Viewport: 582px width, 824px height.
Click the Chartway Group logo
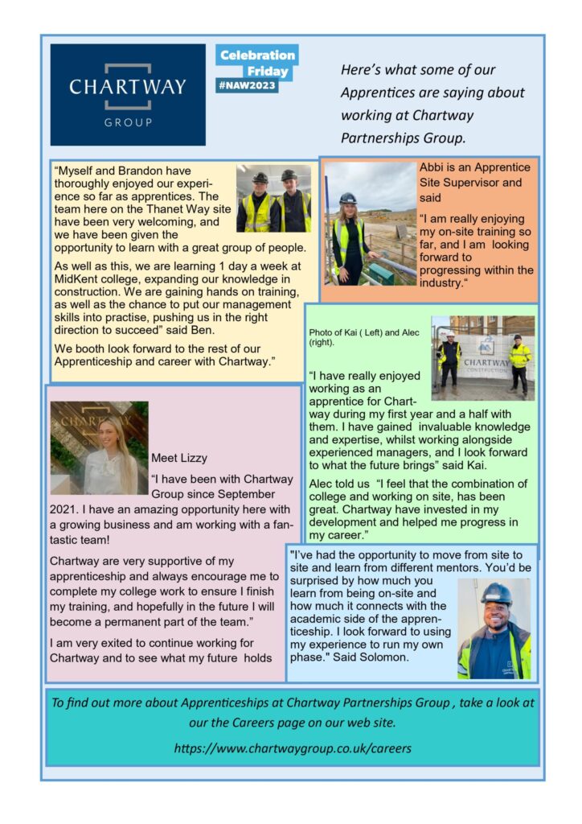tap(127, 94)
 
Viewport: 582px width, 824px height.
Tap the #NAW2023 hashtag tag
tap(247, 86)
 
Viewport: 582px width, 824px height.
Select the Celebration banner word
tap(257, 55)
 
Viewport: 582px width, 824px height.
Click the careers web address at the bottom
tap(293, 748)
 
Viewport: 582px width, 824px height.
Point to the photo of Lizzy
tap(99, 447)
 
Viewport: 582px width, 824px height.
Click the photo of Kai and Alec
tap(482, 357)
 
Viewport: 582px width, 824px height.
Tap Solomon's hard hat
tap(496, 595)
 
